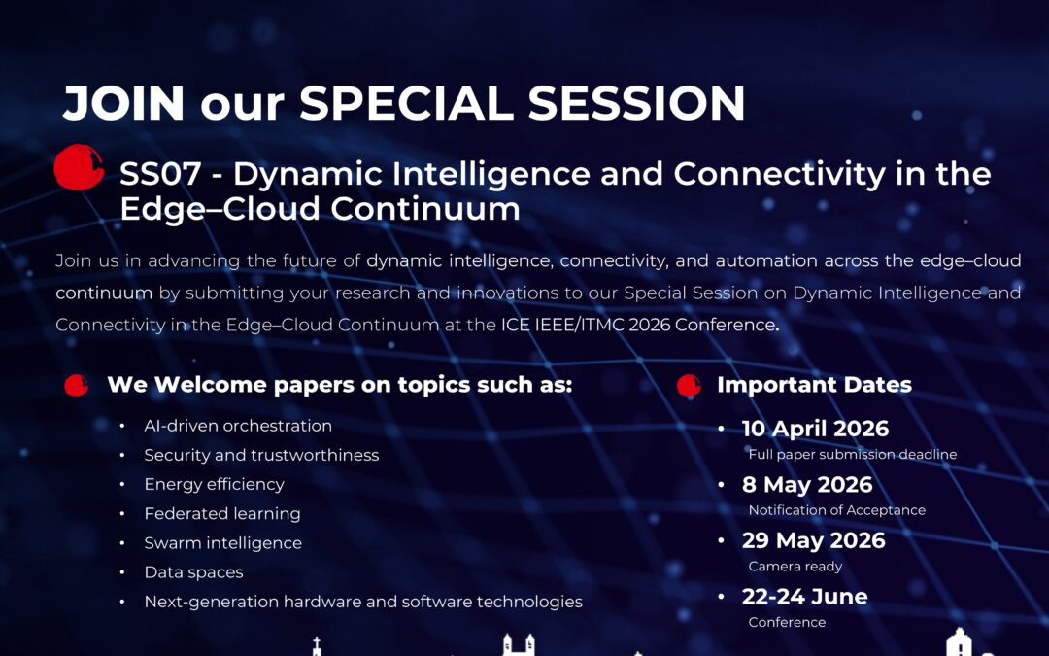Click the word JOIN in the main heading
click(x=123, y=103)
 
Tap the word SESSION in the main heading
click(x=636, y=103)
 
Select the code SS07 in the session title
click(x=160, y=174)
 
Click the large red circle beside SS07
click(x=79, y=167)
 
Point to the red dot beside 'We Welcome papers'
click(x=77, y=385)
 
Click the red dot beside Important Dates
click(x=689, y=385)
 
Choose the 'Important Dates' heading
click(x=814, y=385)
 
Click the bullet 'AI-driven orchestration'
click(x=238, y=426)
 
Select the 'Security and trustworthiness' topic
click(x=261, y=455)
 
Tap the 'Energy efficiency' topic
click(x=214, y=485)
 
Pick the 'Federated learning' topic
click(x=222, y=514)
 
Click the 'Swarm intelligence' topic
click(x=222, y=543)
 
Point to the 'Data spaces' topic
click(x=193, y=572)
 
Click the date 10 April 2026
click(x=815, y=429)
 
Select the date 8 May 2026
click(x=807, y=485)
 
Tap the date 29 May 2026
click(x=813, y=540)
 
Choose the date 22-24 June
click(x=804, y=597)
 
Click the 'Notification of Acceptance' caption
click(x=837, y=510)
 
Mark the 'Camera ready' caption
click(x=795, y=567)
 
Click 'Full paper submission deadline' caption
click(x=853, y=455)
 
